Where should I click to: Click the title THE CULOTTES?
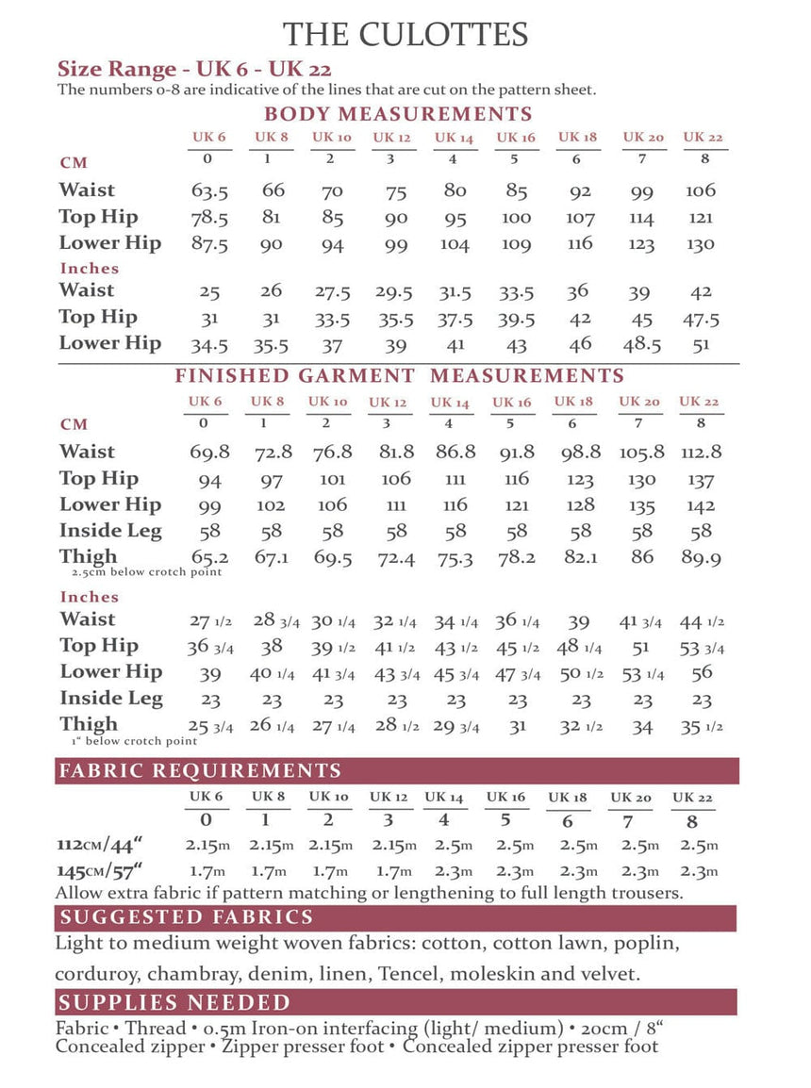point(405,35)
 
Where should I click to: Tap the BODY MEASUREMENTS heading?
point(398,115)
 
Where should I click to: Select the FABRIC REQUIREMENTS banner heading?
point(200,770)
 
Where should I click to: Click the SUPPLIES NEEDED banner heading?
point(174,1002)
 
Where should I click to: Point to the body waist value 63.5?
point(209,191)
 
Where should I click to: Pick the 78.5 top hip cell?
point(209,218)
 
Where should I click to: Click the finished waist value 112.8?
point(701,453)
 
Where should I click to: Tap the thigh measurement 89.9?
point(701,558)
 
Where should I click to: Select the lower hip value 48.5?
point(642,344)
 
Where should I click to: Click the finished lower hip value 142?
point(701,505)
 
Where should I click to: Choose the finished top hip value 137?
point(701,479)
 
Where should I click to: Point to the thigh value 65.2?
point(209,558)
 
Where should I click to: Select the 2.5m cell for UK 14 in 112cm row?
point(443,845)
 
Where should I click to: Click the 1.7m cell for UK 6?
point(207,871)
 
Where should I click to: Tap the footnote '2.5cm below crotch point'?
point(146,572)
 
